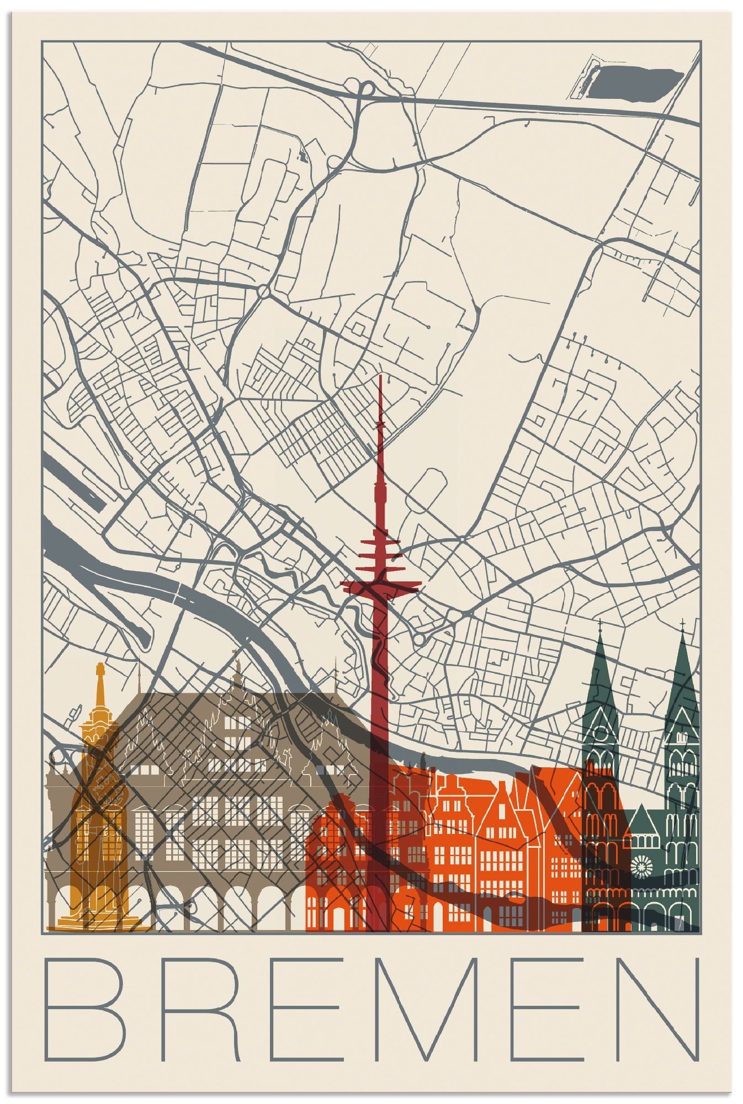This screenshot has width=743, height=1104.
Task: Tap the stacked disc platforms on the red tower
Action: pos(380,558)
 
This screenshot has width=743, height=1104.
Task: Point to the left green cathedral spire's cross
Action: pos(600,624)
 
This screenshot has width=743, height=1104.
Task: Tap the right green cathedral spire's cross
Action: pos(683,624)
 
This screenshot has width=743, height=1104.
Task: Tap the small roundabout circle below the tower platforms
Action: pos(419,639)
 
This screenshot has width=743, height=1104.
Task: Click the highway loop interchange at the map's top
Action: pos(367,88)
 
